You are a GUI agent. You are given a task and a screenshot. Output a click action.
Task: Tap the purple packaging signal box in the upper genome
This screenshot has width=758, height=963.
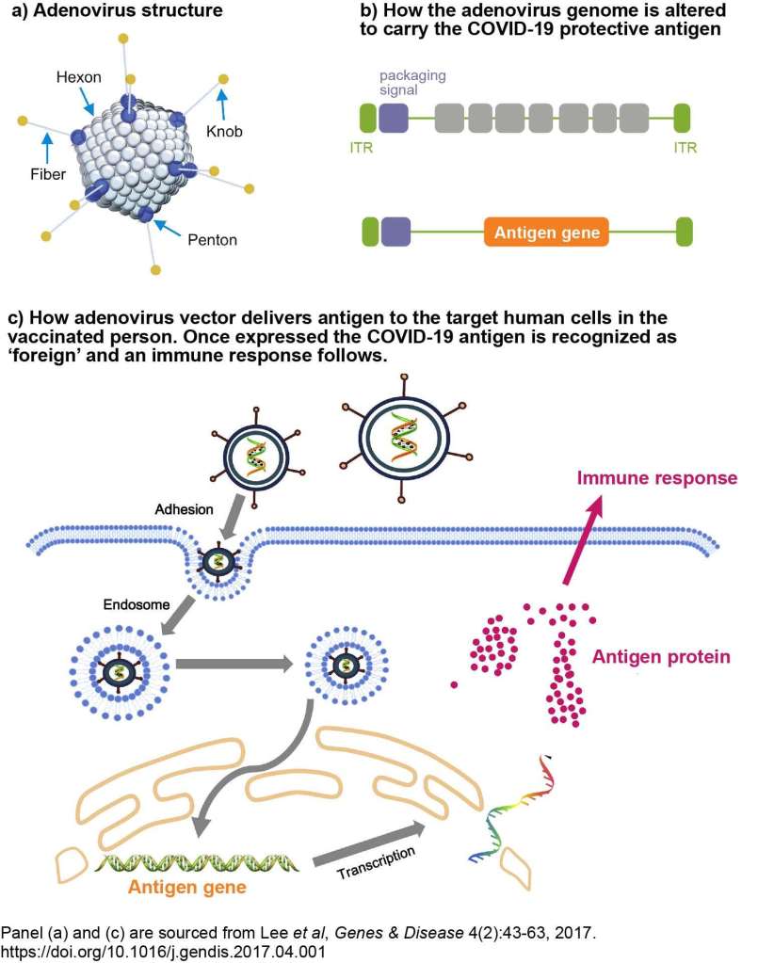(394, 119)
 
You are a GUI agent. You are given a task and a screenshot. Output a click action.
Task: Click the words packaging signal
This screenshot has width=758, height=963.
(411, 82)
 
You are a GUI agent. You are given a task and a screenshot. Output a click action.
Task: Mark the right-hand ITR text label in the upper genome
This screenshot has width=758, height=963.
(685, 147)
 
